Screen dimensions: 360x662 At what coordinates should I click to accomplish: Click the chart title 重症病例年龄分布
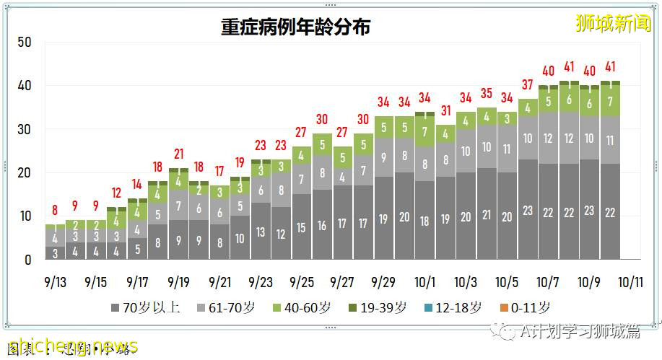tap(296, 27)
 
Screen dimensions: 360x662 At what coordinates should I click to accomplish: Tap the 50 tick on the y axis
tap(24, 43)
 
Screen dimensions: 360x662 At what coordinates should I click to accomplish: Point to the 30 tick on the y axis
tap(24, 130)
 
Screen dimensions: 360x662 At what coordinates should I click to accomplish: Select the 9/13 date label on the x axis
tap(55, 281)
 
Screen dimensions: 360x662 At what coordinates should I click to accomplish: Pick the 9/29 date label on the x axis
tap(384, 281)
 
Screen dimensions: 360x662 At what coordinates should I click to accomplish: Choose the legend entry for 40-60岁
tap(304, 308)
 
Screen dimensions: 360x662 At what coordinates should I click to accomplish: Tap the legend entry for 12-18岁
tap(456, 308)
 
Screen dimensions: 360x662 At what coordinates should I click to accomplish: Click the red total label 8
tap(55, 211)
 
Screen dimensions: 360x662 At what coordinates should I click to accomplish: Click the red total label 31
tap(445, 111)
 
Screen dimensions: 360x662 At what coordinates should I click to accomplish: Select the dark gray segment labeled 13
tap(261, 232)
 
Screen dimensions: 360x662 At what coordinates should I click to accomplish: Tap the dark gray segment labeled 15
tap(302, 227)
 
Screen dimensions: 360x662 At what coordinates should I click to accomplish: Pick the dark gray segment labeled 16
tap(322, 226)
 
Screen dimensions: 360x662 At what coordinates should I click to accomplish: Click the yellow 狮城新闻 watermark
tap(613, 23)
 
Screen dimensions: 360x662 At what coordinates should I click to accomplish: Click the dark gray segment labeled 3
tap(55, 253)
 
